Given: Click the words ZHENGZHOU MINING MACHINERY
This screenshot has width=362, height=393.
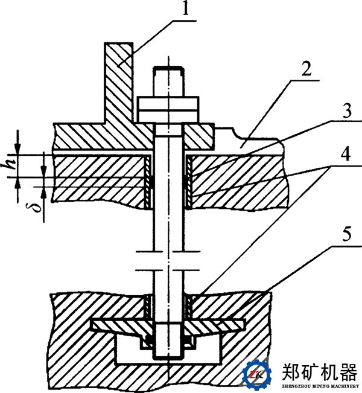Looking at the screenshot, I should tap(319, 386).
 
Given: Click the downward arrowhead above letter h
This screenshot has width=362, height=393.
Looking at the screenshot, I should tap(18, 148).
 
